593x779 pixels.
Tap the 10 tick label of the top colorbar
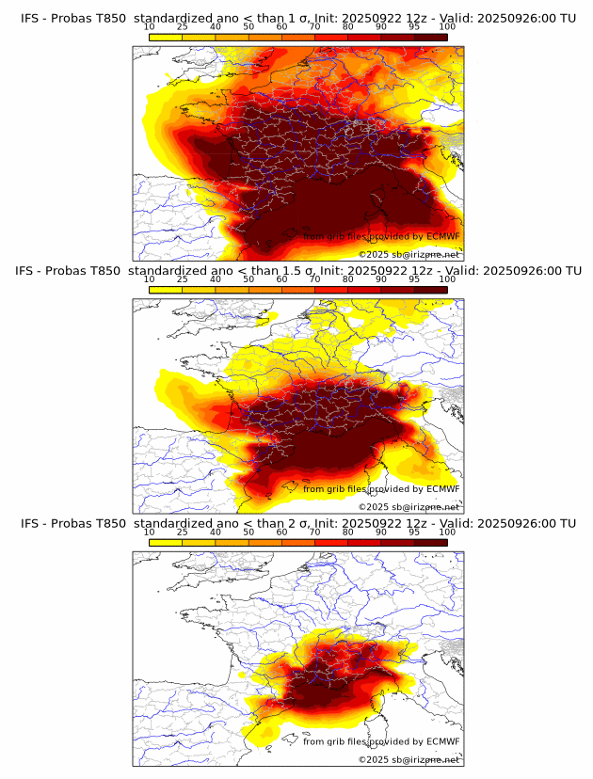[x=150, y=27]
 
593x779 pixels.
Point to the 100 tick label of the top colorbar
[x=447, y=27]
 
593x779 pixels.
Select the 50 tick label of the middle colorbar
[x=248, y=279]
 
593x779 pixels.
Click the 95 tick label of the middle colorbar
[x=414, y=279]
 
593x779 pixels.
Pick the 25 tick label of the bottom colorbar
[x=183, y=533]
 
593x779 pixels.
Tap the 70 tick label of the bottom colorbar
[x=315, y=533]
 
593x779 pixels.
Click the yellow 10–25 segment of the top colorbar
[x=166, y=37]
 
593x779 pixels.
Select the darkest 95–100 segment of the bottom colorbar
[x=431, y=542]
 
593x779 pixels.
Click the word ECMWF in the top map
[x=442, y=236]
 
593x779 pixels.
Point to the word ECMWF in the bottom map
[x=442, y=741]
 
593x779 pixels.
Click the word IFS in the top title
[x=29, y=18]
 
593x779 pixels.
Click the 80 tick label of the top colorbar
[x=348, y=27]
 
